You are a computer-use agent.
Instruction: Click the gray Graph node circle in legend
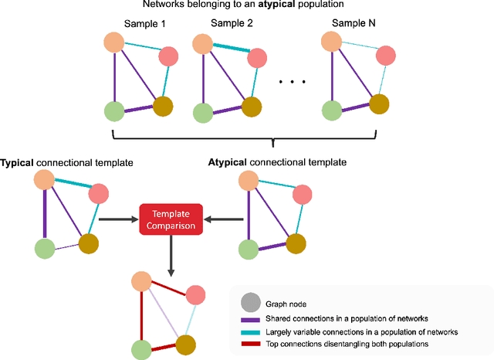(x=251, y=304)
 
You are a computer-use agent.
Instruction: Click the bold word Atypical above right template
(x=229, y=162)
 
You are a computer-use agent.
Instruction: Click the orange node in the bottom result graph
(x=139, y=281)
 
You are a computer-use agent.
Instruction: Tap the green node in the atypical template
(x=246, y=250)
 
